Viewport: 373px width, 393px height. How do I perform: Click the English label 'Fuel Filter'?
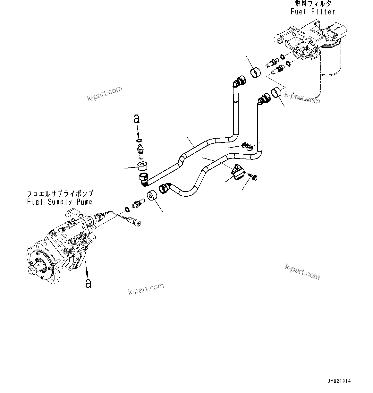point(313,12)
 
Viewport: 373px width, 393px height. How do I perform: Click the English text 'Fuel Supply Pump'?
point(60,202)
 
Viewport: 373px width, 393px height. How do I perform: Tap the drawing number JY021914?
point(339,381)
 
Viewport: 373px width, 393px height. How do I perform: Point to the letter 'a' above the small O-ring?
point(137,119)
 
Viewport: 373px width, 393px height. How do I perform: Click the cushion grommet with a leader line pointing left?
point(141,166)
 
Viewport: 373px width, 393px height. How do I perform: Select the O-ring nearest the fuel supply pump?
point(127,210)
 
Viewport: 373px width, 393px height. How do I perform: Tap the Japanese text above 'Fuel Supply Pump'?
point(60,193)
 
